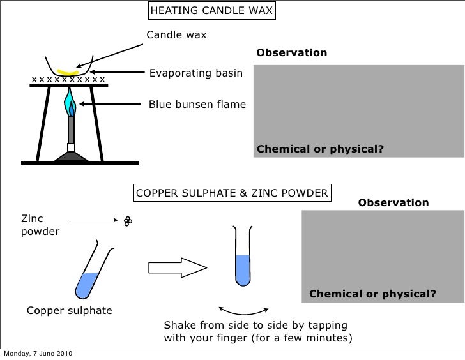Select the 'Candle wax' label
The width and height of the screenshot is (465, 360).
click(x=177, y=34)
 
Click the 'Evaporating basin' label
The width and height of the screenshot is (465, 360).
click(x=195, y=73)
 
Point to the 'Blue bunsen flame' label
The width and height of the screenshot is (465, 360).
click(x=197, y=103)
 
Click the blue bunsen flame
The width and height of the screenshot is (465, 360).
click(x=70, y=101)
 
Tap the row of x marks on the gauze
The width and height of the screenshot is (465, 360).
click(x=68, y=79)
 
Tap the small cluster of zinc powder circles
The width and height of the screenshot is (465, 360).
click(x=128, y=221)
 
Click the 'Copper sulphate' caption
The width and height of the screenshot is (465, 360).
click(x=69, y=311)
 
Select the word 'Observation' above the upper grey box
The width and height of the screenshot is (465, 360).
click(x=291, y=52)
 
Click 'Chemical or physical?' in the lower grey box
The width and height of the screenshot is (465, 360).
click(x=372, y=294)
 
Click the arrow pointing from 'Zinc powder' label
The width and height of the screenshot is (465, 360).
click(x=91, y=220)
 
